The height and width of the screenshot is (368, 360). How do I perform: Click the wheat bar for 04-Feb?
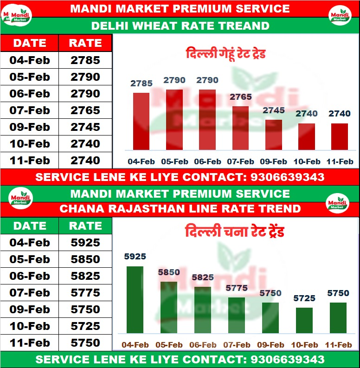141,121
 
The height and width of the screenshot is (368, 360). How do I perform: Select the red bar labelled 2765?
240,128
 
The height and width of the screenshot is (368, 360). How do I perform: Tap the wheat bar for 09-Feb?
274,135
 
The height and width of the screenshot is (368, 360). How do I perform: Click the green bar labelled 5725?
304,320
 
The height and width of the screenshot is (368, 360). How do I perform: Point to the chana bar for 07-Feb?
237,315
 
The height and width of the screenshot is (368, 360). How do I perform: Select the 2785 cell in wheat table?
85,60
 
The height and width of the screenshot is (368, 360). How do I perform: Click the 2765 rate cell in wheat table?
85,110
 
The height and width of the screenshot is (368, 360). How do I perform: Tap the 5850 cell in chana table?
85,259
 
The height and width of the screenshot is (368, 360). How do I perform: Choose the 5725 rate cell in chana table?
85,326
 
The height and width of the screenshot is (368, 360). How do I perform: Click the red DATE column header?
30,43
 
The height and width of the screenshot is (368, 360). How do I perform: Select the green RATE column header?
85,226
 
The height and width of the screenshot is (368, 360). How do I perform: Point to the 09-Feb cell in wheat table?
30,127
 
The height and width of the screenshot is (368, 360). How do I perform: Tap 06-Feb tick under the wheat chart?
207,162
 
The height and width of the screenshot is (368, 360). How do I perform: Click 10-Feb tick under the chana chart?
304,345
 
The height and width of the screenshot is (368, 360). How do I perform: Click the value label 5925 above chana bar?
135,256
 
